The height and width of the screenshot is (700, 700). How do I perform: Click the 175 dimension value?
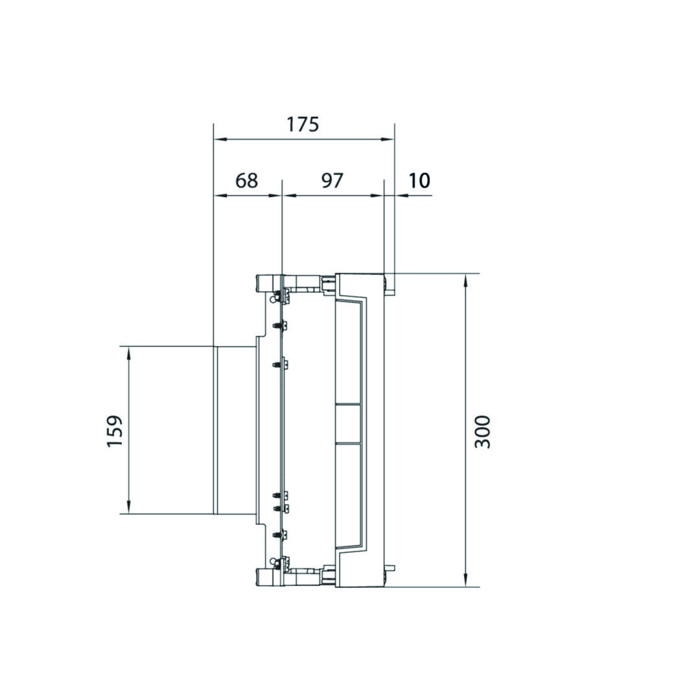pyautogui.click(x=303, y=124)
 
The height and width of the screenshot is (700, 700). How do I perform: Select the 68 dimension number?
pyautogui.click(x=247, y=180)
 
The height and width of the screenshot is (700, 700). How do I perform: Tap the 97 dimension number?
pyautogui.click(x=332, y=180)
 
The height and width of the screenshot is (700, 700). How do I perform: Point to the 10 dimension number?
pyautogui.click(x=419, y=180)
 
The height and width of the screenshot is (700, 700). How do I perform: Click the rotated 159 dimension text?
pyautogui.click(x=115, y=431)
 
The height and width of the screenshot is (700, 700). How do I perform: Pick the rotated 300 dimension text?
pyautogui.click(x=482, y=432)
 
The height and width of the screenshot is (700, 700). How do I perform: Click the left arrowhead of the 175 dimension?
pyautogui.click(x=219, y=139)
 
